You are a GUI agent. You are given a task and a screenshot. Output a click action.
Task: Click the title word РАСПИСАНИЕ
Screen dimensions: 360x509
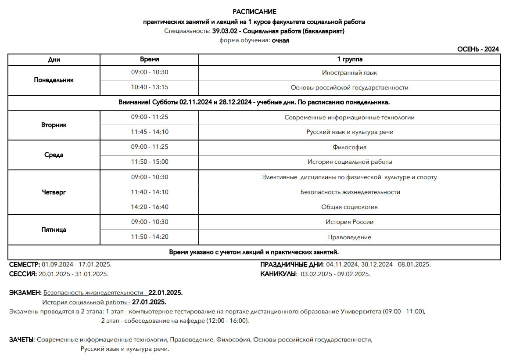(x=254, y=12)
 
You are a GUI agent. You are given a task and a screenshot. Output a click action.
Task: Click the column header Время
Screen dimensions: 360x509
(x=149, y=59)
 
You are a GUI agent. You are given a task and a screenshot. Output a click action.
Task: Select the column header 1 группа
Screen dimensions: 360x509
(x=349, y=59)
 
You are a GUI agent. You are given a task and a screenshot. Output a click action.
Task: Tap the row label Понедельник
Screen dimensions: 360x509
(x=54, y=80)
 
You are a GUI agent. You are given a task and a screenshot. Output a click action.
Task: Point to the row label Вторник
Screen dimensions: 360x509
(x=54, y=125)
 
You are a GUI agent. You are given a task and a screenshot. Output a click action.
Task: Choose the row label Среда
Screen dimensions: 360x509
(x=54, y=155)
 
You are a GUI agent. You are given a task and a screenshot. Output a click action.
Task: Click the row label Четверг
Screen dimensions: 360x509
(x=54, y=192)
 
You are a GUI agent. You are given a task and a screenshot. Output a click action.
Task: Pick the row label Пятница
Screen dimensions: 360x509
(x=54, y=230)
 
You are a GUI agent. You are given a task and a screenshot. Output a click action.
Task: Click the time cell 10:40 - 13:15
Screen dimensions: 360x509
(x=149, y=87)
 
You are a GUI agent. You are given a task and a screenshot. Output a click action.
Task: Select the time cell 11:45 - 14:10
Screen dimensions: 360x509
(x=149, y=132)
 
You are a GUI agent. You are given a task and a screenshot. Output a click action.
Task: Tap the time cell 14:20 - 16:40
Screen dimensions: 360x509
(x=149, y=207)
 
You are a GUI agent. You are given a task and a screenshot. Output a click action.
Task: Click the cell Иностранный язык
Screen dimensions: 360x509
(x=349, y=73)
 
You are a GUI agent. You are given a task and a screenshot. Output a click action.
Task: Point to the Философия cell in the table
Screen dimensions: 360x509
(x=349, y=147)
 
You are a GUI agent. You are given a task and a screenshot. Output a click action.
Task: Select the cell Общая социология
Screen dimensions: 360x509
(x=349, y=207)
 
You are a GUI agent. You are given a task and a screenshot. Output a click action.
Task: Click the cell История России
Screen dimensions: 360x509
(x=349, y=222)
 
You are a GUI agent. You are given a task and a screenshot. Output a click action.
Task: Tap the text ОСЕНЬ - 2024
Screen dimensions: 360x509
(x=478, y=49)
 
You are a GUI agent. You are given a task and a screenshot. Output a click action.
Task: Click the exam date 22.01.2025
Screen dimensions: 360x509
(x=165, y=292)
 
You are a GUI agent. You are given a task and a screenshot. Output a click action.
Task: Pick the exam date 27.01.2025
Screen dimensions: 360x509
(x=149, y=302)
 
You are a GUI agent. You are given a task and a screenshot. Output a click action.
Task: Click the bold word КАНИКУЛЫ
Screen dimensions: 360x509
(x=278, y=274)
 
